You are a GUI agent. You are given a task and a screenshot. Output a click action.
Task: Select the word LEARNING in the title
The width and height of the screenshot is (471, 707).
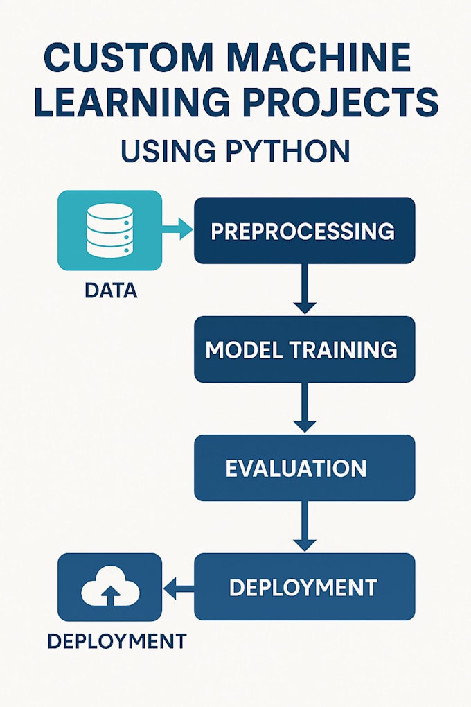(132, 103)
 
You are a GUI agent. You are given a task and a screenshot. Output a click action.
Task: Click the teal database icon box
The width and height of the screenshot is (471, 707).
(109, 231)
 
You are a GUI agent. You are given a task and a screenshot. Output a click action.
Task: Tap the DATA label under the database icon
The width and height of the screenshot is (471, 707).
(111, 290)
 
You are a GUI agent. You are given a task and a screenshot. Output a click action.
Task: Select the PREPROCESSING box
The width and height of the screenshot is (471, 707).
(304, 231)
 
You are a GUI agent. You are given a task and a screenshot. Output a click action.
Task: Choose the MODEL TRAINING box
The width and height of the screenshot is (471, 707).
(304, 349)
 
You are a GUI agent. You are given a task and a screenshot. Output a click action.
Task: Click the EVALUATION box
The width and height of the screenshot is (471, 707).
(304, 468)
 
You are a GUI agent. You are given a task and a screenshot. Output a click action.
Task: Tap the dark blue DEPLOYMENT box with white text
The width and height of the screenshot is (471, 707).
(304, 587)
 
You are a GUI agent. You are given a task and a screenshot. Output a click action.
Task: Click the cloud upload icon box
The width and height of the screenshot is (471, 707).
(109, 587)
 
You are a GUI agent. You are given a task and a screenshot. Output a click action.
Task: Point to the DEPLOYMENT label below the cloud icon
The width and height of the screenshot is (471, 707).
(116, 641)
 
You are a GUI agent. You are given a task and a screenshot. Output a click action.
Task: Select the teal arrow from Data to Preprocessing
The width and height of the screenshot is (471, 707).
(178, 229)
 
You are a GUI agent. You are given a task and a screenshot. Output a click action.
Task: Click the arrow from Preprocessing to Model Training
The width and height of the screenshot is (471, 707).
(304, 290)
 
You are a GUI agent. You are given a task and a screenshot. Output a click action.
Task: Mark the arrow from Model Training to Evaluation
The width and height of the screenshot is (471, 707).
(304, 408)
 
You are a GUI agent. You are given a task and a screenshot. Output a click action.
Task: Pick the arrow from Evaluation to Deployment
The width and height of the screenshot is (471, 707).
(304, 527)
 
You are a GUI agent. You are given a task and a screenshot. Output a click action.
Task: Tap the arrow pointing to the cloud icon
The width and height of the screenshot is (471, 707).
(178, 589)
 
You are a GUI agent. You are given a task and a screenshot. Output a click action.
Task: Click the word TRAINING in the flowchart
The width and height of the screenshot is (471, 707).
(346, 349)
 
